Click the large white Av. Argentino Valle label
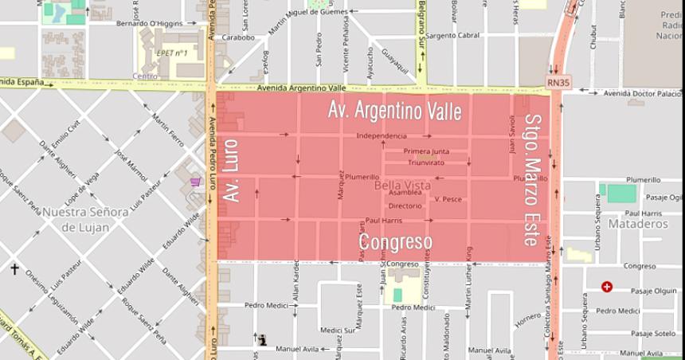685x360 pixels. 394,112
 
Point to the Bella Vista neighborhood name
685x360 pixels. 402,185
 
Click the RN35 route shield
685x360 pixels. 558,81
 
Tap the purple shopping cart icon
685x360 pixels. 195,182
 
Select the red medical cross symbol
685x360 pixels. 607,287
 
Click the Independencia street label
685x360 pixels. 382,136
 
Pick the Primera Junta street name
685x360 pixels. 426,151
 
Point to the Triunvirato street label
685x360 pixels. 426,162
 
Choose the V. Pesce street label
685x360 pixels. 448,199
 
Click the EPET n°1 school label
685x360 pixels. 172,53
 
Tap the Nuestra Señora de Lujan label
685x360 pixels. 85,219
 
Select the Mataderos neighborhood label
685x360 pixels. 637,225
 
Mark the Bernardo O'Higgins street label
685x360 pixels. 149,23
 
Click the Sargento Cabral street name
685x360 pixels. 452,36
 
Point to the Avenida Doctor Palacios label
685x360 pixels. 642,93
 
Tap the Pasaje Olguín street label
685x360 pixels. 653,292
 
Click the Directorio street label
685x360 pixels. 405,205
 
